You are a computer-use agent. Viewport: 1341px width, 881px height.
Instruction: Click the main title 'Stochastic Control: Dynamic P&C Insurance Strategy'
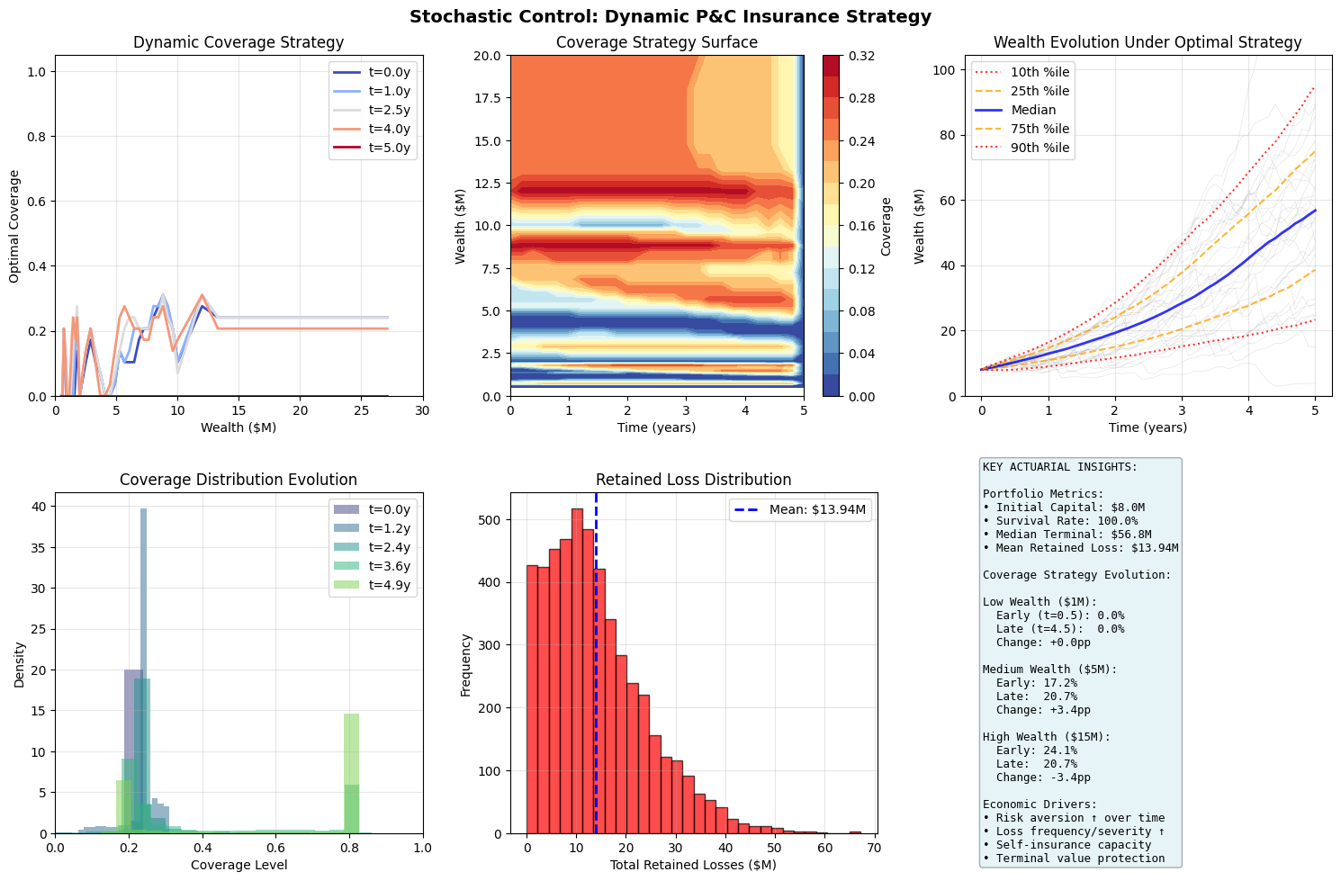pyautogui.click(x=670, y=16)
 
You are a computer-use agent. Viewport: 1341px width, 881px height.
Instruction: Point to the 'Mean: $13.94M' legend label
pyautogui.click(x=817, y=509)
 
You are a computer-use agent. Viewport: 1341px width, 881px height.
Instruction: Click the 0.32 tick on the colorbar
pyautogui.click(x=859, y=56)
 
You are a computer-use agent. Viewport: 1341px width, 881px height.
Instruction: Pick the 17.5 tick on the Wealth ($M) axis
pyautogui.click(x=488, y=98)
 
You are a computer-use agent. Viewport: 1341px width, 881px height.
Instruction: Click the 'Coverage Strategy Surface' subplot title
pyautogui.click(x=656, y=42)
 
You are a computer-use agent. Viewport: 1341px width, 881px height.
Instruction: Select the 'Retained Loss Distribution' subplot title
pyautogui.click(x=693, y=480)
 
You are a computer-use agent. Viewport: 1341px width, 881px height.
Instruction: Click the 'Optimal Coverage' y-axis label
pyautogui.click(x=14, y=225)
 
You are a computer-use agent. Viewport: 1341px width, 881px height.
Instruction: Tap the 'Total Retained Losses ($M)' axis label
pyautogui.click(x=693, y=865)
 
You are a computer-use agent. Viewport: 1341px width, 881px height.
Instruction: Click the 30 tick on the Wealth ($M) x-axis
pyautogui.click(x=422, y=410)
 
